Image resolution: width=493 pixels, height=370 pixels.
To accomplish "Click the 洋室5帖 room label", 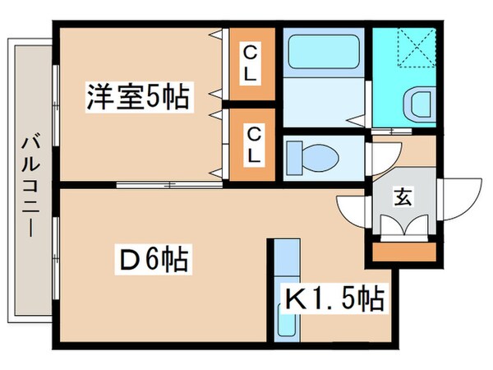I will [x=137, y=98].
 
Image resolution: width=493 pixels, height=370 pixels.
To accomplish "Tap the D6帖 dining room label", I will [x=154, y=261].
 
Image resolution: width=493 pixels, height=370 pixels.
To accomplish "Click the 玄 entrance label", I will [x=403, y=197].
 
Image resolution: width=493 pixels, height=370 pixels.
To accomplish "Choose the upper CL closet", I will [x=251, y=64].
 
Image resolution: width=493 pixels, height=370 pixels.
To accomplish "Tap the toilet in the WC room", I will [x=316, y=155].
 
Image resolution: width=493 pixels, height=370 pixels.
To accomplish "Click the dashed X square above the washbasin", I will [x=406, y=48].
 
